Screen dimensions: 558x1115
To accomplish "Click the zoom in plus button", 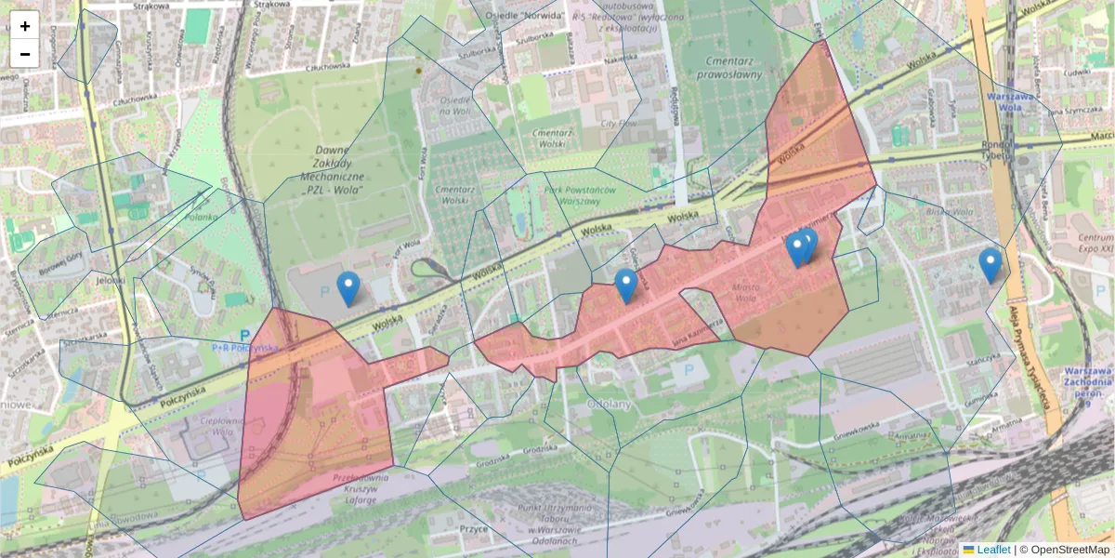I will (25, 26).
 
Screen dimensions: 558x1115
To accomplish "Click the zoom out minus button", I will (25, 53).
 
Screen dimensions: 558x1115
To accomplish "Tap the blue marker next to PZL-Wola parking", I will (348, 288).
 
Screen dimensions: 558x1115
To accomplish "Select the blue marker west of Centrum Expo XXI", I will (990, 265).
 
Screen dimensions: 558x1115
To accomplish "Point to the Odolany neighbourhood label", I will (610, 405).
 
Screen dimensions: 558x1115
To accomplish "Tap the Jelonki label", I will (110, 279).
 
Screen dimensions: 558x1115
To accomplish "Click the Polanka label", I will (200, 217).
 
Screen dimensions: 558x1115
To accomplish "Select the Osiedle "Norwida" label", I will (532, 15).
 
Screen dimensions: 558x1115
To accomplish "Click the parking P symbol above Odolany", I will (689, 370).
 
